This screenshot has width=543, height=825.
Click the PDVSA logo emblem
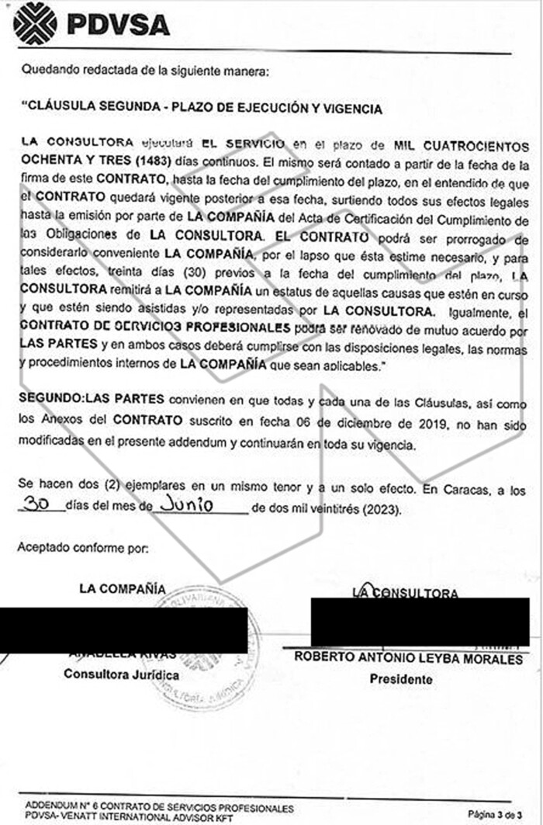35,23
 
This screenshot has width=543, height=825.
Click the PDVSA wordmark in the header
118,25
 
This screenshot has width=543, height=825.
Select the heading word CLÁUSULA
61,109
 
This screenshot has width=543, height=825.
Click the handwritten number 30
37,505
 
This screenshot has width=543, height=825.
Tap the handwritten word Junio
183,505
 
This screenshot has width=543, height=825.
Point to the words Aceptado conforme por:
82,548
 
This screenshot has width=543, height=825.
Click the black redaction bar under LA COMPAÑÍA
124,630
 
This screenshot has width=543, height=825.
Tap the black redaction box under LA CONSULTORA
420,622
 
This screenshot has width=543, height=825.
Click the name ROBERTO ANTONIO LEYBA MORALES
408,659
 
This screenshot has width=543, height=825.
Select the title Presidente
401,679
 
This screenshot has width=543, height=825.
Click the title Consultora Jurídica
122,674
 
